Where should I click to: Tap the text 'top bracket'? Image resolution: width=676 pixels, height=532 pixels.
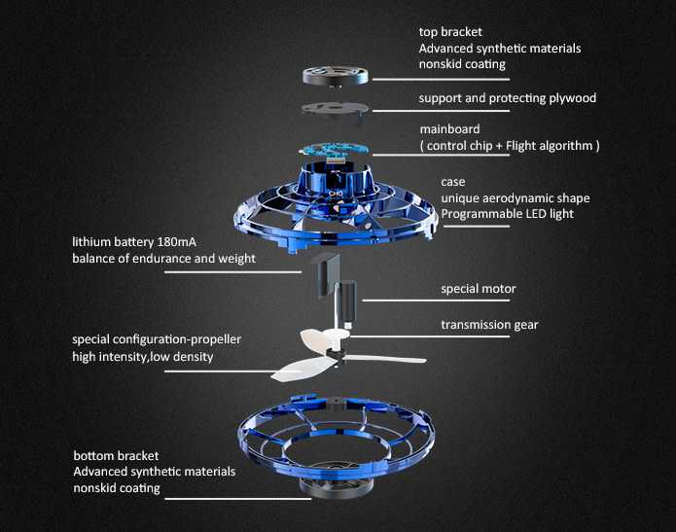(x=451, y=31)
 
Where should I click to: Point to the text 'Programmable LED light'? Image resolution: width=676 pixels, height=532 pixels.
(x=506, y=214)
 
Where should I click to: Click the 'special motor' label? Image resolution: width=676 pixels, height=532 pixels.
(x=478, y=289)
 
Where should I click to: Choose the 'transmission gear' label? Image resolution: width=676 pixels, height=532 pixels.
(x=489, y=325)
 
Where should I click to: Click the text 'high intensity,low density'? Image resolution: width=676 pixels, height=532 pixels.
(x=142, y=357)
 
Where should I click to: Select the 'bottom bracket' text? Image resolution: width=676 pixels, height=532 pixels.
(x=116, y=455)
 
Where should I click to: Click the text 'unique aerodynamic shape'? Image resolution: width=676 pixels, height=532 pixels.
(x=515, y=198)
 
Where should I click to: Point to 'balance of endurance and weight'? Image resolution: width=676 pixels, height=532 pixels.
(x=163, y=259)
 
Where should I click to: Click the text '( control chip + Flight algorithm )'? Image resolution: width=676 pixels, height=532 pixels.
(x=509, y=145)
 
